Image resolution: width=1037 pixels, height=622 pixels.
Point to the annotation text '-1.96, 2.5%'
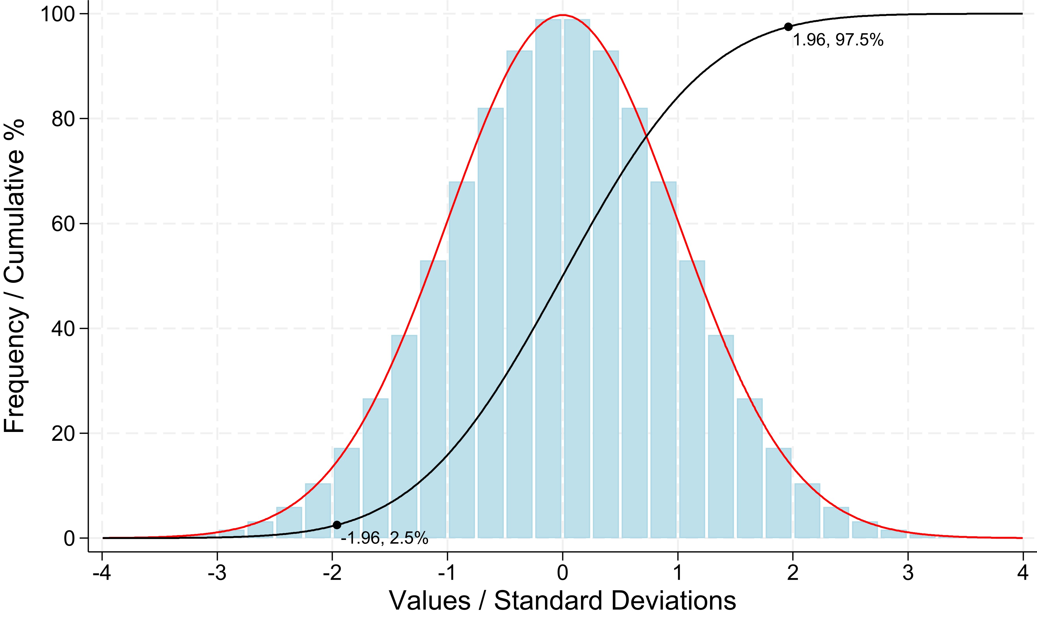tap(384, 538)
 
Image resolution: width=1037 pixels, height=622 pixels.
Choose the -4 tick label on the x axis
tap(102, 573)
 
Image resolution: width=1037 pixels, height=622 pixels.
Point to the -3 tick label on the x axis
tap(217, 573)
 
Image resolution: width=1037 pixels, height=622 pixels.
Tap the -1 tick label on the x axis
tap(447, 573)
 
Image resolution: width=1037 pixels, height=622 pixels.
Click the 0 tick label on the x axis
tap(563, 573)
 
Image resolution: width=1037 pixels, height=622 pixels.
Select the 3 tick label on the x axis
tap(908, 573)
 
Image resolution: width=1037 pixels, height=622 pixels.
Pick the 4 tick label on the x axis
tap(1023, 573)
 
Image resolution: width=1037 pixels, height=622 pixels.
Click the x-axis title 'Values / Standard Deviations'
tap(563, 601)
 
